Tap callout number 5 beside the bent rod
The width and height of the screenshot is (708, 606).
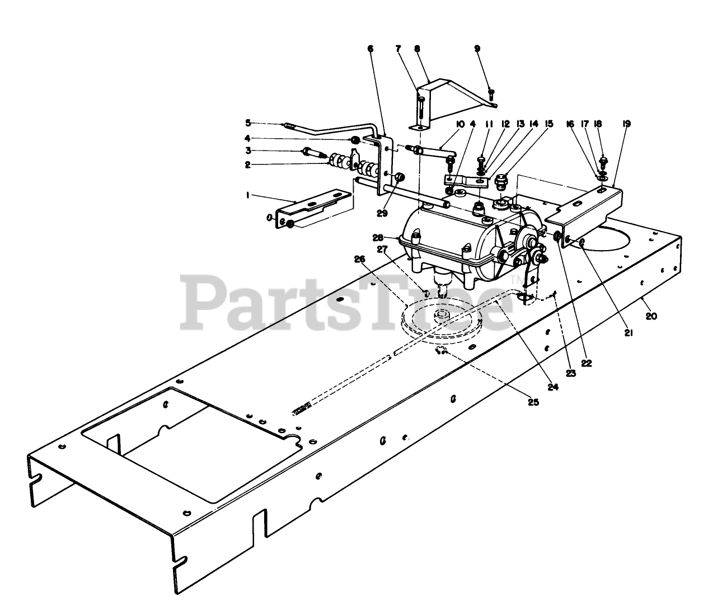click(x=248, y=122)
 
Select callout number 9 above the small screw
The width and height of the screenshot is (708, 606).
click(x=477, y=48)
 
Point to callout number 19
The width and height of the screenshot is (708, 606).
click(x=626, y=124)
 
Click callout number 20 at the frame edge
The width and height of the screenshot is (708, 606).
click(x=650, y=316)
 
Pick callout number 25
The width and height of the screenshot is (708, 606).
click(x=533, y=402)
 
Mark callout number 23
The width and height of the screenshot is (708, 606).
click(x=571, y=374)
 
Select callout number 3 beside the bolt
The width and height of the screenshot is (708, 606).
click(x=248, y=151)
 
